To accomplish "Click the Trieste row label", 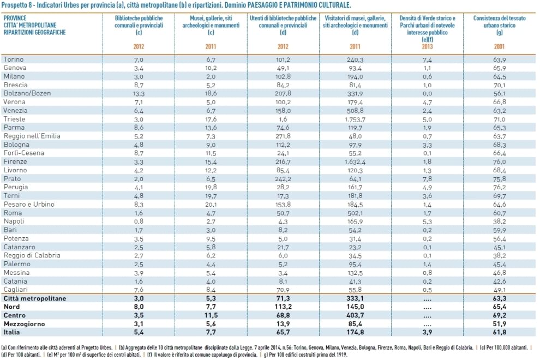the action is (x=15, y=119).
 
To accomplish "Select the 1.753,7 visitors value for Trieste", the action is (x=355, y=119).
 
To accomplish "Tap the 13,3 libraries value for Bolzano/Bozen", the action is (x=139, y=94).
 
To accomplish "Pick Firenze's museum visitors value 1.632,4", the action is (x=355, y=162).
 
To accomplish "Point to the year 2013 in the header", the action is (x=427, y=46).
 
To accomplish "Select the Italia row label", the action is (x=11, y=332).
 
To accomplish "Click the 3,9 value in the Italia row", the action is (x=427, y=332).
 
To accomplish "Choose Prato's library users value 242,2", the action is (x=283, y=179).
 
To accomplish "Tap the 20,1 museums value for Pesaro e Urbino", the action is (x=211, y=205).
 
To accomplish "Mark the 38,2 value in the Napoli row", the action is (x=499, y=221).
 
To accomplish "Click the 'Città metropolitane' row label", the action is (x=35, y=298).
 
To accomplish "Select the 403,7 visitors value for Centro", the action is (x=355, y=315).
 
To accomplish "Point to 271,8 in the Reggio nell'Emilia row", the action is (x=283, y=136).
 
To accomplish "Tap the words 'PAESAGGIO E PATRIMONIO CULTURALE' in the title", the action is (x=299, y=5).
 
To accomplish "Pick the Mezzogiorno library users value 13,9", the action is (x=283, y=324).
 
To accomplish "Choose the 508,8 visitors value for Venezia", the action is (x=355, y=111).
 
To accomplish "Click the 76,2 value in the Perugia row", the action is (x=499, y=188).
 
